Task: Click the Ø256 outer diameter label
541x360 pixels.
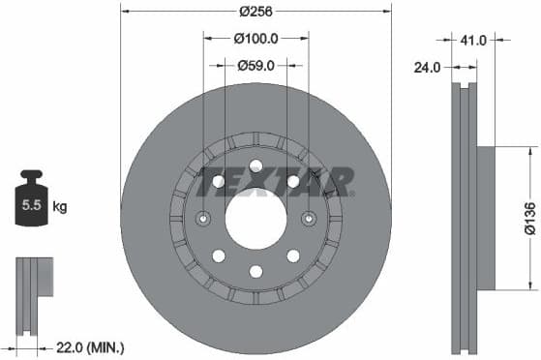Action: [256, 14]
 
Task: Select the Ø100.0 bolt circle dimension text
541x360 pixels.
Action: [256, 39]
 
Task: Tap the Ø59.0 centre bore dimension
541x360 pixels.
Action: [256, 66]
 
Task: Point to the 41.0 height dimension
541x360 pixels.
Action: [473, 41]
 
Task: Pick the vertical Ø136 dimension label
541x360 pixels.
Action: [529, 219]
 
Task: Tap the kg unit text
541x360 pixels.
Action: [60, 206]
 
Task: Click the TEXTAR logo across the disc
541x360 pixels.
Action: [276, 180]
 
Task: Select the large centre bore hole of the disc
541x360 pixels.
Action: [256, 219]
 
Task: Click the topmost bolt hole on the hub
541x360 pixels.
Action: [256, 165]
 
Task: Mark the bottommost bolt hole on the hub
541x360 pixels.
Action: [256, 272]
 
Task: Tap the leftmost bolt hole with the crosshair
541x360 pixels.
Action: [203, 219]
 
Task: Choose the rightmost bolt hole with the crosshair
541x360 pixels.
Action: [310, 219]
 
